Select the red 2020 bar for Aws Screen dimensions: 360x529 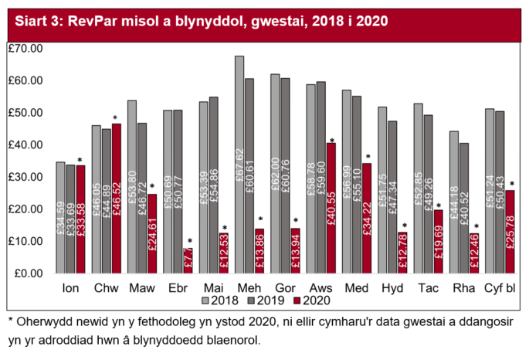point(331,208)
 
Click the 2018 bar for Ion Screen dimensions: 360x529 point(61,217)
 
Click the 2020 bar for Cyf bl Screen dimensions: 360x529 point(509,231)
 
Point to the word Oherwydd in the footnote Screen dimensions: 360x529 point(42,320)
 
